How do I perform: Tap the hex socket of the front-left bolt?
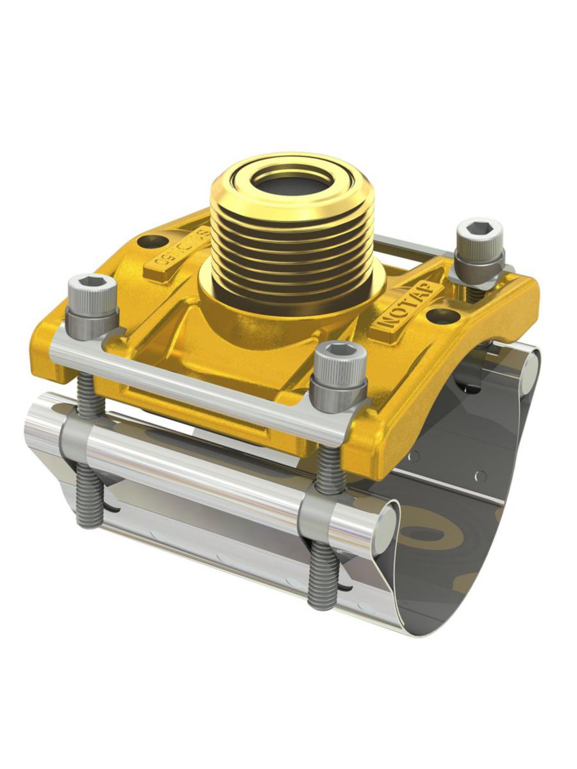click(x=92, y=283)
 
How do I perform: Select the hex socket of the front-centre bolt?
click(x=338, y=349)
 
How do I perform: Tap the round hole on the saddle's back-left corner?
click(x=151, y=242)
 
